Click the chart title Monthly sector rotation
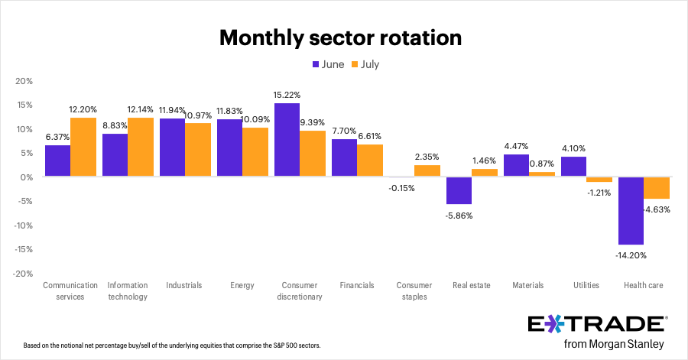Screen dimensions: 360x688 341,37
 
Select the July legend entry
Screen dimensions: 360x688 365,64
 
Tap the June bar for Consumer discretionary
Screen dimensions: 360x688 287,140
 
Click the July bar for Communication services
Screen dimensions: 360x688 83,147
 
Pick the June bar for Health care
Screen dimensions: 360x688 631,211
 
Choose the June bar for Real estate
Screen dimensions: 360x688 459,190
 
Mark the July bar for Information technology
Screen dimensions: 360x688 141,147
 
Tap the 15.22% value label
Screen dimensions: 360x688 287,95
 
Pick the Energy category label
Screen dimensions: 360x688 242,285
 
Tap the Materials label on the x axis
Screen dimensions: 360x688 528,285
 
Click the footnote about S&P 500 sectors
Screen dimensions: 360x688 172,345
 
